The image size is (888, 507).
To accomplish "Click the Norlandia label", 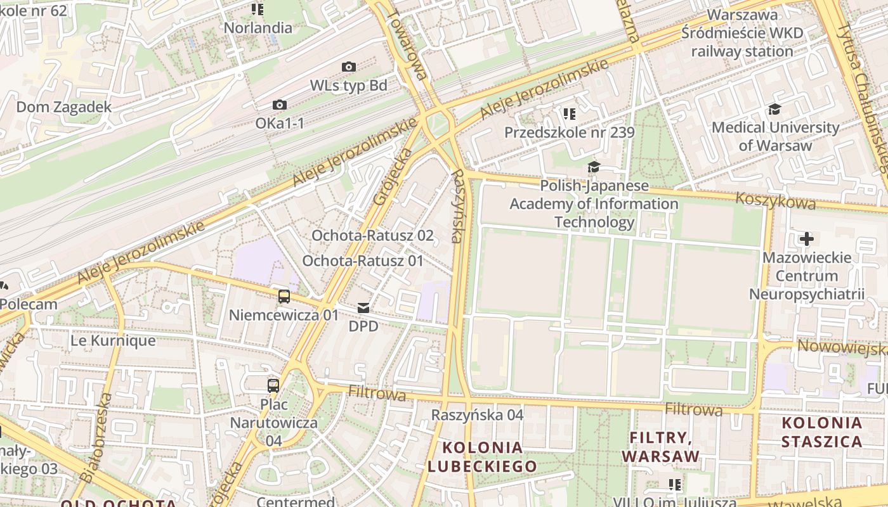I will point(258,28).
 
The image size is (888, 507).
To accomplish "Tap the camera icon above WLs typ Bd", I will point(348,67).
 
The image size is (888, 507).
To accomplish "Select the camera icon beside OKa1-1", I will point(280,105).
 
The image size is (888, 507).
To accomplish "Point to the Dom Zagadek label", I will point(63,107).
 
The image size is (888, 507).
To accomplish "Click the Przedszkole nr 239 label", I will point(569,132).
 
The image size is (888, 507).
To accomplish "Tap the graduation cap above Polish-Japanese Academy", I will point(594,167).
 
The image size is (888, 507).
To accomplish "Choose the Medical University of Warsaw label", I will point(775,136).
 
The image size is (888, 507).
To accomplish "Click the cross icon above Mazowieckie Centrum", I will point(806,239).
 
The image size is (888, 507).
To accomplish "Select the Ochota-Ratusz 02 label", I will point(372,236).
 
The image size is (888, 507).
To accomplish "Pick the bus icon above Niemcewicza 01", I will point(284,296).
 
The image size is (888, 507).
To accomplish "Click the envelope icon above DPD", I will point(363,308).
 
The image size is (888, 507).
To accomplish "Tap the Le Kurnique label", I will point(113,340).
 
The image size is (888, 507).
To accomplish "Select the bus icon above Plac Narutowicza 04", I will point(273,385).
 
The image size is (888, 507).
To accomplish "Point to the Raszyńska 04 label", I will point(477,415).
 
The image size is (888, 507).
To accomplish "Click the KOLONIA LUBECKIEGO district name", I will point(482,457).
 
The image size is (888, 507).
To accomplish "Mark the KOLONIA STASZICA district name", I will point(821,432).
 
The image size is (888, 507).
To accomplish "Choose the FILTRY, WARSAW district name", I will point(660,447).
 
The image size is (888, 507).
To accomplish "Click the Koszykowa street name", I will point(776,201).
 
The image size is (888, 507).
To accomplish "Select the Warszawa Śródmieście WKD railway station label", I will point(742,33).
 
